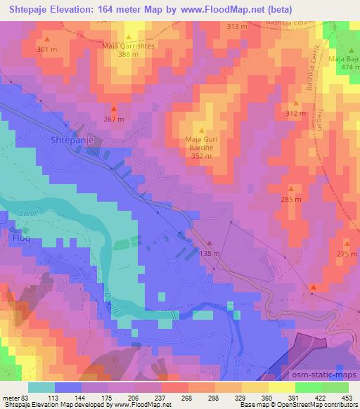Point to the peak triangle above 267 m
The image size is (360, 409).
pos(114,108)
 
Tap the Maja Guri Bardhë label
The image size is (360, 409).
pos(202,143)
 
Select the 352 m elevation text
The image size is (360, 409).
pos(202,157)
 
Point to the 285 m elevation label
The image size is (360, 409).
pos(291,200)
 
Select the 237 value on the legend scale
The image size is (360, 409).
pos(160,397)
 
